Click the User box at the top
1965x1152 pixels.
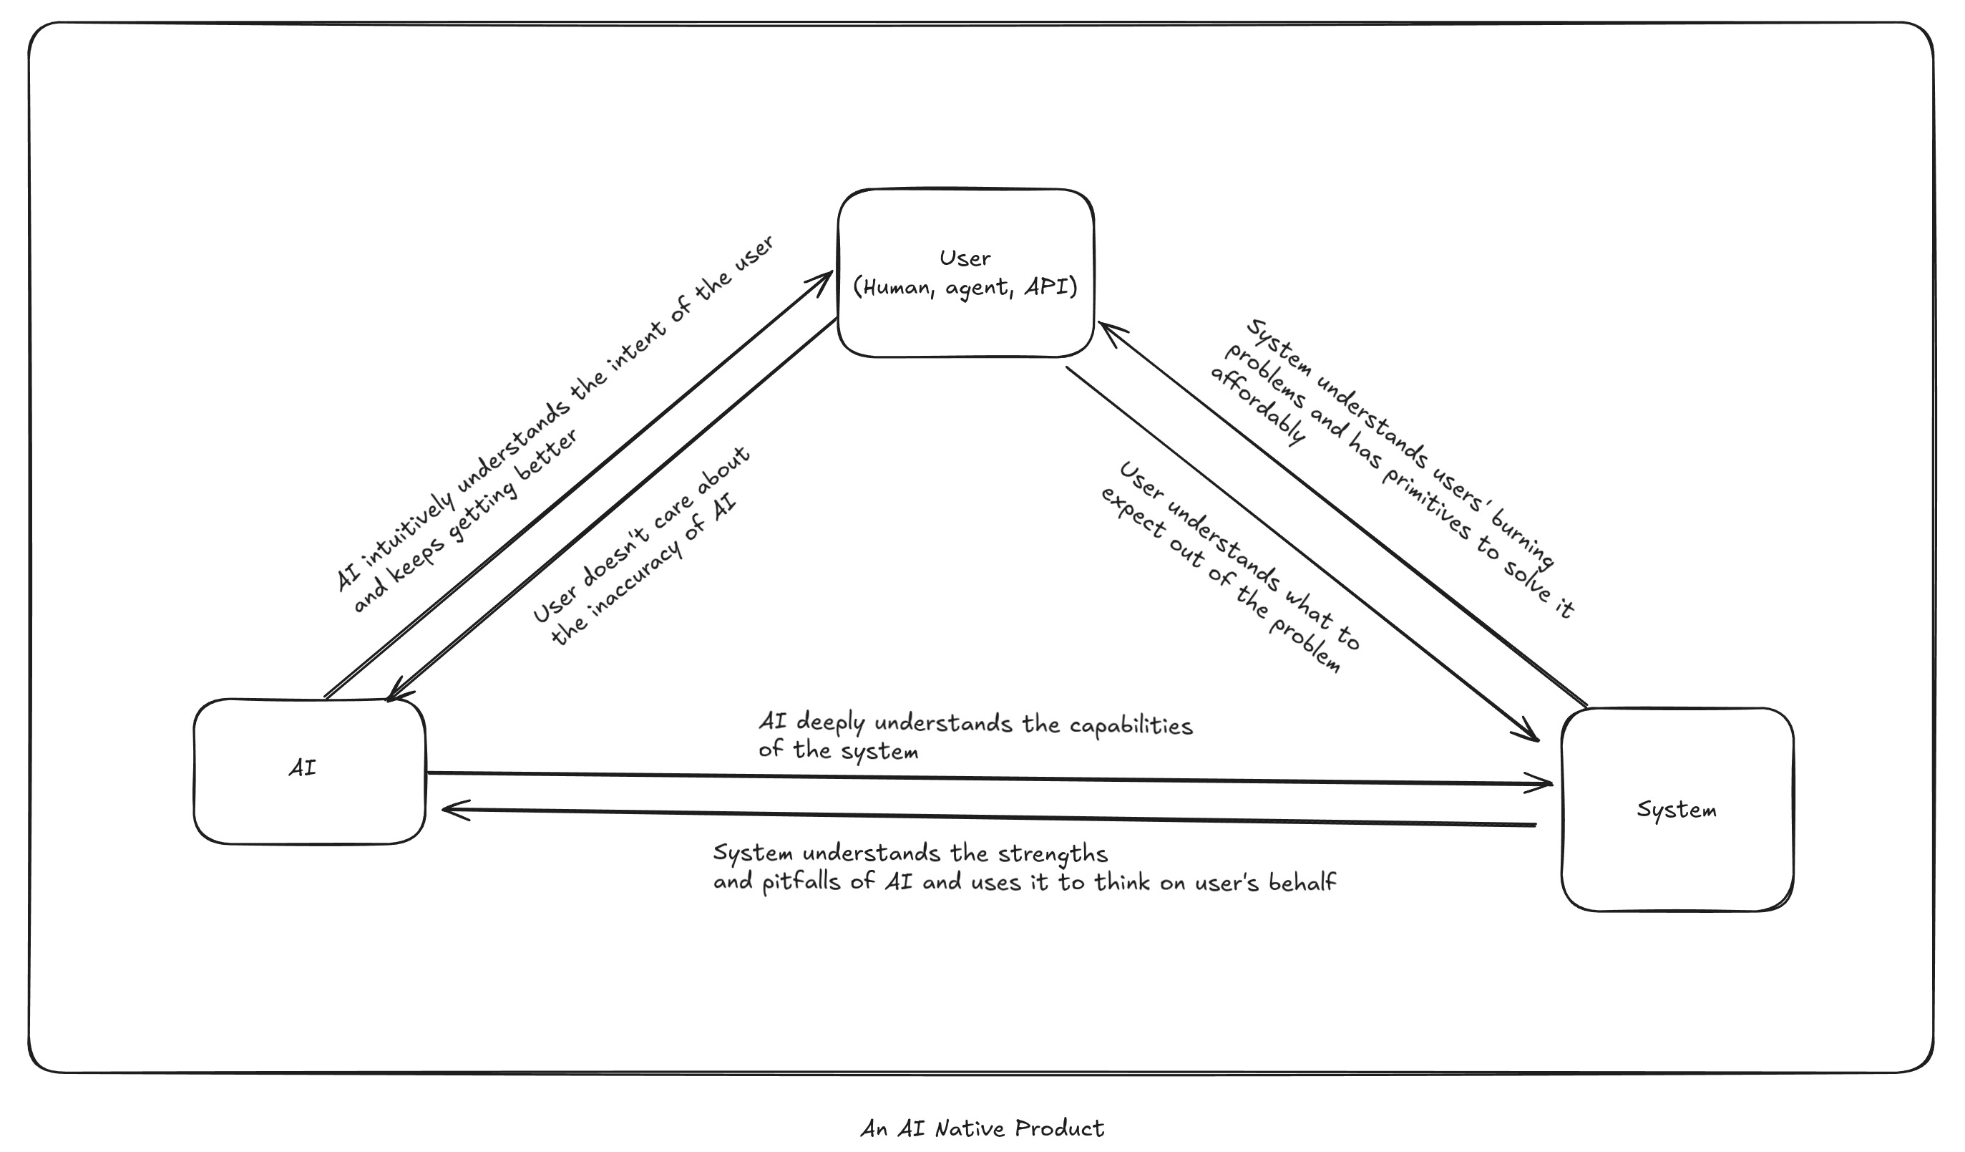965,234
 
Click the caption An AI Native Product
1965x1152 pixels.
982,1128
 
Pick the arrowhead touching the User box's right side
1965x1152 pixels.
1107,331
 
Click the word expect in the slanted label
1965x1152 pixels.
1130,514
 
